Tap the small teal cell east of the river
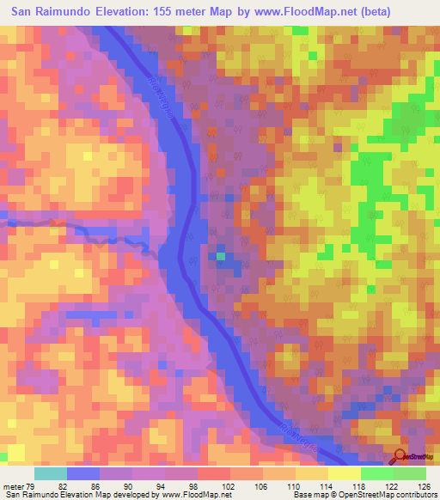220,255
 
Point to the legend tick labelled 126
421,486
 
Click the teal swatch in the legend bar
50,473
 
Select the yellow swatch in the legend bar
344,473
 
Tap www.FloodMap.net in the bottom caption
194,495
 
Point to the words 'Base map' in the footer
306,495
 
